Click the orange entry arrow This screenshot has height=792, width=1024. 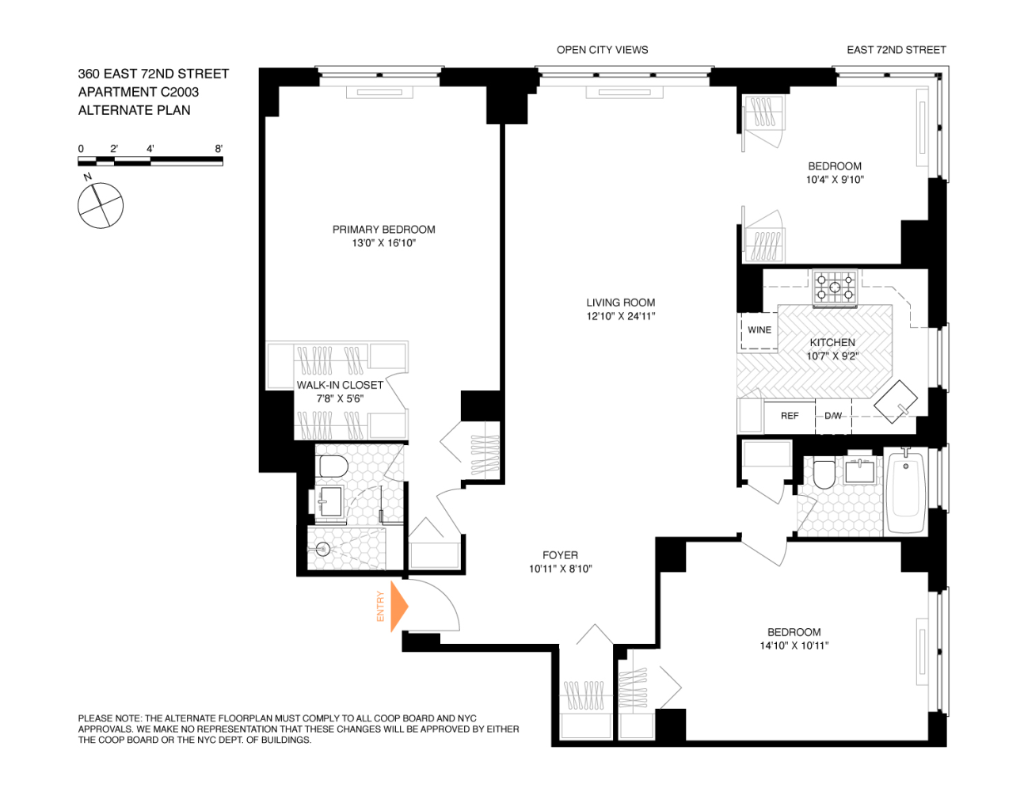399,606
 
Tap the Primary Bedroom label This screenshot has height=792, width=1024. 383,230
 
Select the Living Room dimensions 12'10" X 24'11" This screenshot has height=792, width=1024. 620,316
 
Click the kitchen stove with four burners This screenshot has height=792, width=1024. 836,287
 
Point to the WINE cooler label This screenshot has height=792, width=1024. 759,330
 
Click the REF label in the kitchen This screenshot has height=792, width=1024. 790,416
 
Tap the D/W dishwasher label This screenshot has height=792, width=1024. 833,416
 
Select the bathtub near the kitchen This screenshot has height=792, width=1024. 906,491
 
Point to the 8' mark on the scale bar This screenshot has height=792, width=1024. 219,149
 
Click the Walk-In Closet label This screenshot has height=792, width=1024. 340,385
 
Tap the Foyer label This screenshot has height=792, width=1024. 560,555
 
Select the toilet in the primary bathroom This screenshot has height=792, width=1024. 332,466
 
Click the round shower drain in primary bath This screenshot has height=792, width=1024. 322,547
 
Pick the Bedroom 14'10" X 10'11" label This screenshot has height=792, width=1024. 794,632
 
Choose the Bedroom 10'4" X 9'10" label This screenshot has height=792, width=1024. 835,166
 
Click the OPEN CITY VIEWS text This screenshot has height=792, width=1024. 602,50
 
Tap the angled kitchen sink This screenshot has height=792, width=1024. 896,402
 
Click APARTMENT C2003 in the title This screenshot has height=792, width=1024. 139,92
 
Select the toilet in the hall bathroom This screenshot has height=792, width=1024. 824,474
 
